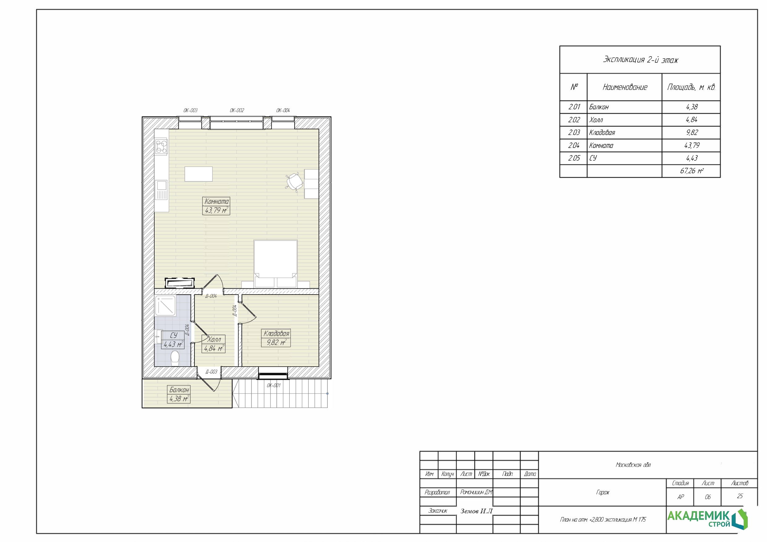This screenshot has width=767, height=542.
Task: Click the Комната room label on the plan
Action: tap(216, 202)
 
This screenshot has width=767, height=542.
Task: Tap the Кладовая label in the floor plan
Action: tap(276, 334)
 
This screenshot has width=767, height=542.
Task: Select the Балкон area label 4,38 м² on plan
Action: tap(179, 399)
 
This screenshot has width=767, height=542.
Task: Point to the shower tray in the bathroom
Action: tap(165, 306)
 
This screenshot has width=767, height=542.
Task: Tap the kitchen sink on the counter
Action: tap(162, 190)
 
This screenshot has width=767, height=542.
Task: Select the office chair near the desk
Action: tap(294, 182)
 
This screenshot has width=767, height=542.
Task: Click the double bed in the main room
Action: tap(275, 264)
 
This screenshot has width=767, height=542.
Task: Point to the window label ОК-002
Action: tap(237, 111)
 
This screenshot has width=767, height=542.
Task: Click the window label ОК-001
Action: tap(274, 385)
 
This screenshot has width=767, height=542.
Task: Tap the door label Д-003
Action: tap(211, 372)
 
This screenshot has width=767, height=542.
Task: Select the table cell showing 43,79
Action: tap(691, 145)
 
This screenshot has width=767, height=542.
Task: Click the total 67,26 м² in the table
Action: tap(692, 171)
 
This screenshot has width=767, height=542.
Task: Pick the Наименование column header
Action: tap(625, 87)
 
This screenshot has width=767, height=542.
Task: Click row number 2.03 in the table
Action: tap(574, 132)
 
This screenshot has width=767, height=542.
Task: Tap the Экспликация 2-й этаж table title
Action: tap(640, 60)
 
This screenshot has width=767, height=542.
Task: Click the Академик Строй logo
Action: tap(707, 519)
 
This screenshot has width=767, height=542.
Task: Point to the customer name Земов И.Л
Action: tap(476, 511)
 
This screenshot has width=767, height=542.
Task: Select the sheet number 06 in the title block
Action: tap(708, 497)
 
